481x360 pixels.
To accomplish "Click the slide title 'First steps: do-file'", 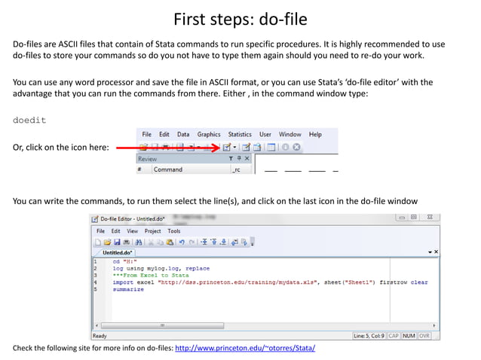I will (240, 18).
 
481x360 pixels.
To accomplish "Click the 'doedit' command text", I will (31, 120).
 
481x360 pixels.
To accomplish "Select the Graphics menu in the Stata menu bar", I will (209, 134).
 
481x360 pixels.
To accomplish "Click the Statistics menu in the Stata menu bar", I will (240, 134).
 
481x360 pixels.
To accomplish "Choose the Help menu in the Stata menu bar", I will (315, 134).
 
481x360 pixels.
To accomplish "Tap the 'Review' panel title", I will (148, 159).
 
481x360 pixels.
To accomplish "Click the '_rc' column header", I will (237, 169).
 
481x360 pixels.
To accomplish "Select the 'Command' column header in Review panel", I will (167, 169).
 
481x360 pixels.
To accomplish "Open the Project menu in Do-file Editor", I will (153, 231).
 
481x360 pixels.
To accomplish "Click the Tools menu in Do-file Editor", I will (174, 231).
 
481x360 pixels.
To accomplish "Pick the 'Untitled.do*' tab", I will (118, 252).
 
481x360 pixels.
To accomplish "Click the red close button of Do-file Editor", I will (430, 218).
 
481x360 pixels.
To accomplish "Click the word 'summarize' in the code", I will (128, 289).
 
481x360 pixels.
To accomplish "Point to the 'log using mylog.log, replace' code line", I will (161, 268).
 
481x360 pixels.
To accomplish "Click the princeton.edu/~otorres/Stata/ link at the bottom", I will (245, 348).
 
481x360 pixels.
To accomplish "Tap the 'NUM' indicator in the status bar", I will (409, 335).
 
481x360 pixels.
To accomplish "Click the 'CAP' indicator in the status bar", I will (394, 335).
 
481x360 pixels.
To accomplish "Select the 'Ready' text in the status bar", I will (100, 335).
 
